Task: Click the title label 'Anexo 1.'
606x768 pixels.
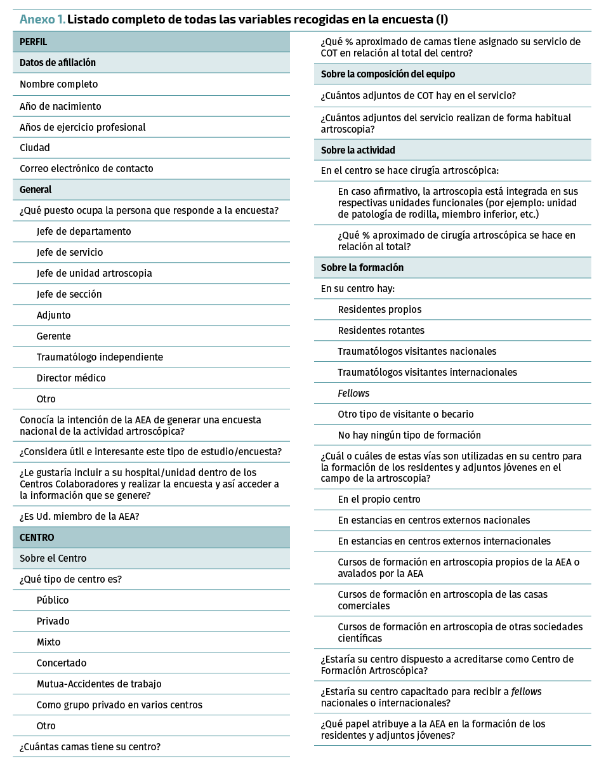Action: coord(42,19)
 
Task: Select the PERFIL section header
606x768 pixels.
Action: coord(34,42)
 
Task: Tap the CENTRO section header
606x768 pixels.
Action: coord(37,538)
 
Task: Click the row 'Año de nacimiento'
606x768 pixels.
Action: coord(60,106)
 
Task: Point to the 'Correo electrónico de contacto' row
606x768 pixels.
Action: coord(86,168)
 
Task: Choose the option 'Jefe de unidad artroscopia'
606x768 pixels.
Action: coord(94,273)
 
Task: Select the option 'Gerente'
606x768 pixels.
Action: coord(54,336)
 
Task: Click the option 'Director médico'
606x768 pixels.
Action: coord(71,378)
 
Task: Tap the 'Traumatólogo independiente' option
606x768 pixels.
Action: coord(100,357)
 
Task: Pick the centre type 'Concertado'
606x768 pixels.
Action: coord(62,663)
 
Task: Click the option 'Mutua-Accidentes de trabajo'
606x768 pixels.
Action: coord(99,684)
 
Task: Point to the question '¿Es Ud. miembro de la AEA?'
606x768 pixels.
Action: coord(79,516)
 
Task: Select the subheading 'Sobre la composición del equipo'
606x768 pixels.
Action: coord(388,74)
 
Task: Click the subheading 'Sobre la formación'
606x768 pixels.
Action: coord(362,267)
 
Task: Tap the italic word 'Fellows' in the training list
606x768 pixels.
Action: coord(353,393)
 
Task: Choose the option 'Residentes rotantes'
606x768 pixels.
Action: coord(381,330)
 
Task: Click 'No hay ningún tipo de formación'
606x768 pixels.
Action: coord(409,435)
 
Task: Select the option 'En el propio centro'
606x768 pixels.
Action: coord(379,499)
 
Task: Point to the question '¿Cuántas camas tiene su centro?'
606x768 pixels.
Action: coord(90,746)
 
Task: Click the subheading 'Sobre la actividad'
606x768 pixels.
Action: coord(358,150)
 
